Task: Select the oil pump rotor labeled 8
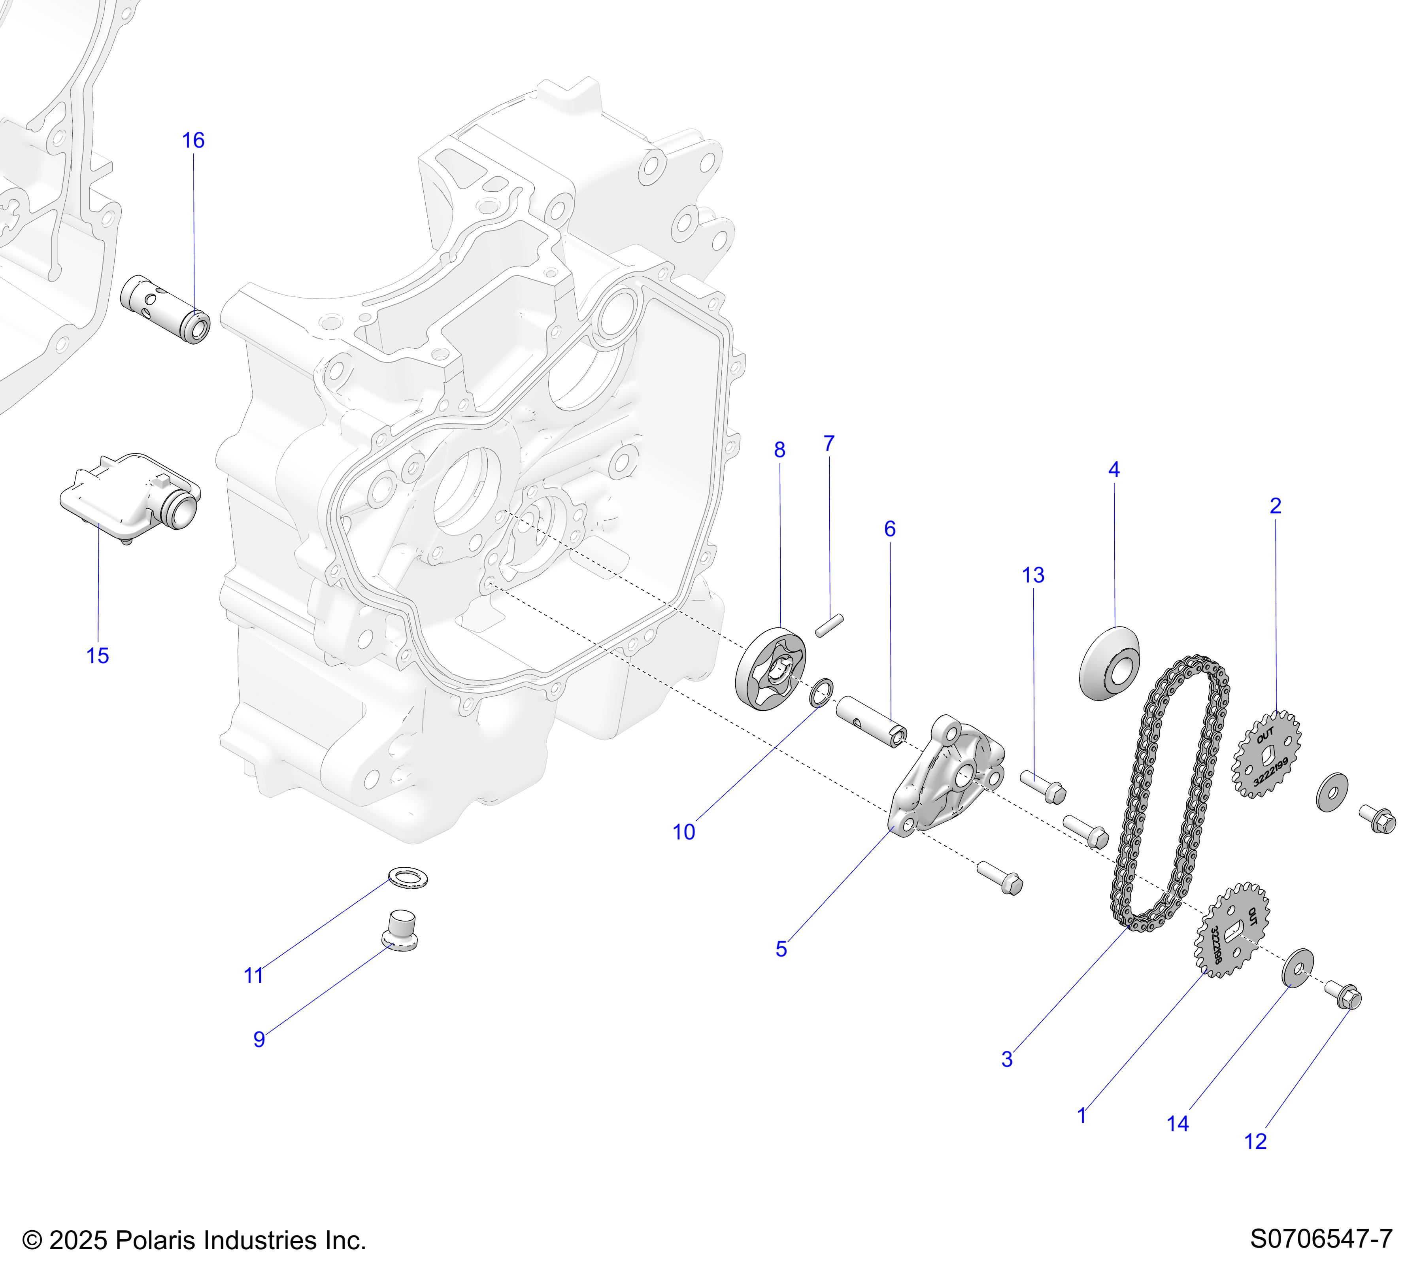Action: (x=771, y=669)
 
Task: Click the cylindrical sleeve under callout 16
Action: (x=165, y=310)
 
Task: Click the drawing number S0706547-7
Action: (x=1321, y=1239)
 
